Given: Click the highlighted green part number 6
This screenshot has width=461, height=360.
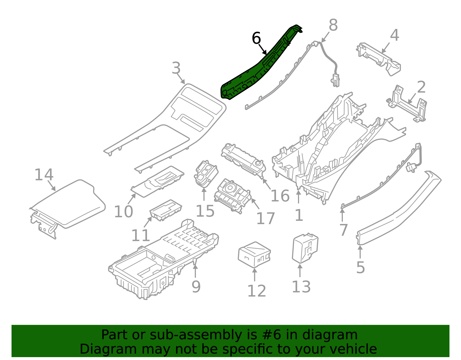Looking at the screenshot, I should point(254,72).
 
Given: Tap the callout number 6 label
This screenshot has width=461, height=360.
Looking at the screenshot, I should point(256,38).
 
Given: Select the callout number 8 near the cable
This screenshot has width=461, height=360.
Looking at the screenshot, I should point(333,25).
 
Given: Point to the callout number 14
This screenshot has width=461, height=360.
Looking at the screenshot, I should point(44,175).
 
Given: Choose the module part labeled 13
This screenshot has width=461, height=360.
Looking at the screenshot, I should point(305,248).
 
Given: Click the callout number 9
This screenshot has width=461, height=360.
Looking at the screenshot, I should point(196,287).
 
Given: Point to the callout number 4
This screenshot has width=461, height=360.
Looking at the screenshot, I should point(394,35).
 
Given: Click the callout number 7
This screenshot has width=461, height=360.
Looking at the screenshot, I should point(343,230).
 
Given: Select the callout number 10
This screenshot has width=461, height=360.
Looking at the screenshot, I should point(123,212).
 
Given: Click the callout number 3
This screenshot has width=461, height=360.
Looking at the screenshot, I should point(176,68).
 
